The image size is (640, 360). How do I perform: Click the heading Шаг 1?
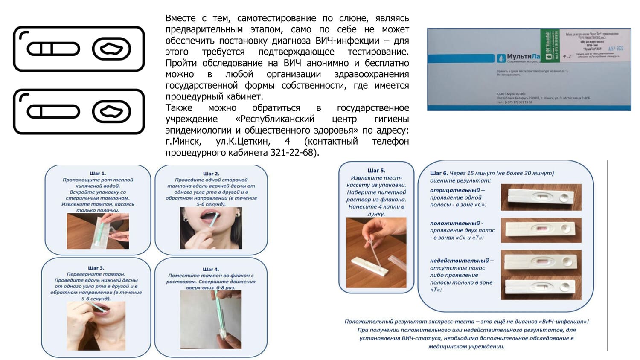coord(97,174)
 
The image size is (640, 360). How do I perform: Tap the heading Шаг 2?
coord(211,174)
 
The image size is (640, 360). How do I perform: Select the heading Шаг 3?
coord(96,268)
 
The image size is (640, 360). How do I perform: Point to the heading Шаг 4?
coord(211,269)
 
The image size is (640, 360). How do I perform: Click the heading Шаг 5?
coord(376,171)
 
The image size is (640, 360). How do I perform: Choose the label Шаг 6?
coord(439,173)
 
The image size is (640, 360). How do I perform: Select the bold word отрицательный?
coord(454,190)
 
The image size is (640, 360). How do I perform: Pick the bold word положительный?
coord(455,223)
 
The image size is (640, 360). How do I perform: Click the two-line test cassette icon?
coord(79,49)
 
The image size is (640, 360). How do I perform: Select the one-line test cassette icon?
coord(79,111)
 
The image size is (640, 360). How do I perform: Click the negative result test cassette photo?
coord(541,197)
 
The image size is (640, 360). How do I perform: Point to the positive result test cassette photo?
coord(541,230)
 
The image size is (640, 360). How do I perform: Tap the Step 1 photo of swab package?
coord(98,231)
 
